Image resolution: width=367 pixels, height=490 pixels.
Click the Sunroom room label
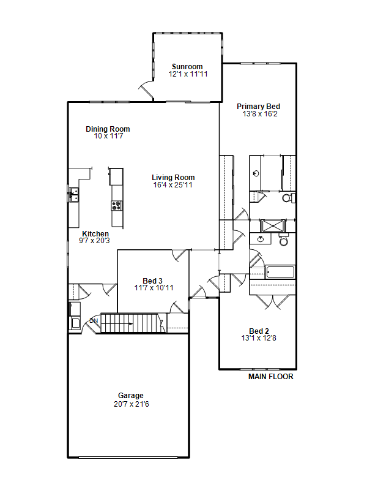(187, 67)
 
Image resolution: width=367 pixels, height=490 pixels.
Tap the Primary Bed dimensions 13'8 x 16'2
(260, 114)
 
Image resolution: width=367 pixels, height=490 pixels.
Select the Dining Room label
(108, 129)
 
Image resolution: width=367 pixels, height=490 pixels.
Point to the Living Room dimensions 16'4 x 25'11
(172, 185)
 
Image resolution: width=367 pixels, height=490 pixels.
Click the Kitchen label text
(95, 233)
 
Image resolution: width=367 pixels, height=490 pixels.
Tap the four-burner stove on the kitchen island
(117, 206)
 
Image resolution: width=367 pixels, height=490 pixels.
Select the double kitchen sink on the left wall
(74, 195)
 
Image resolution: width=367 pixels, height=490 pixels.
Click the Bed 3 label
(152, 281)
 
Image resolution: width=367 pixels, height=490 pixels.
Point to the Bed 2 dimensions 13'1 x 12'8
(259, 338)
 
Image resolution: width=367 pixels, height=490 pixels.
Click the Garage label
(131, 395)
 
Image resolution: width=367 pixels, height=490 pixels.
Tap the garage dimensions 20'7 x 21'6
(132, 404)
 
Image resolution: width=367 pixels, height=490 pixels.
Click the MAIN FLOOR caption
(271, 377)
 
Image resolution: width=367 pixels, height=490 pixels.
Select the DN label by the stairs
(94, 321)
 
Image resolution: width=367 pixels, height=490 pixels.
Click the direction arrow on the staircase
(119, 323)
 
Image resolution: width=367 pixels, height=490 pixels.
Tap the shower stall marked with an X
(273, 225)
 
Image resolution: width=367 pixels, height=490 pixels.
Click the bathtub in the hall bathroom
(280, 272)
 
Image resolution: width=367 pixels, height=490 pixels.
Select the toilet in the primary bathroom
(288, 197)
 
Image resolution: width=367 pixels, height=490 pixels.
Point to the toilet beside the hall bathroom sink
(284, 239)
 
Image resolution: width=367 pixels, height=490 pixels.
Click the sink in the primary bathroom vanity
(256, 173)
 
